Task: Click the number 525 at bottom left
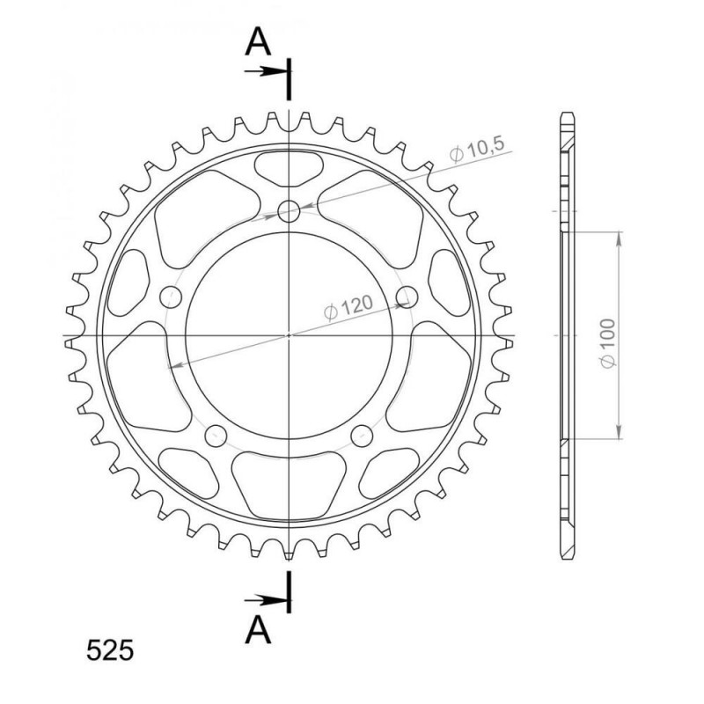pyautogui.click(x=110, y=650)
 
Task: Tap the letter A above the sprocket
pyautogui.click(x=258, y=41)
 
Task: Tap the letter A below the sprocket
pyautogui.click(x=258, y=629)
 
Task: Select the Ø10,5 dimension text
pyautogui.click(x=477, y=149)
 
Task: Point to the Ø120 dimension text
pyautogui.click(x=348, y=307)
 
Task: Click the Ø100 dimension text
pyautogui.click(x=607, y=343)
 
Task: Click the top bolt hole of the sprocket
pyautogui.click(x=289, y=211)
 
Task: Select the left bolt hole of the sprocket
pyautogui.click(x=171, y=297)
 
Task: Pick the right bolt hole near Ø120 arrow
pyautogui.click(x=407, y=297)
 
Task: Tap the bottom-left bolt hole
pyautogui.click(x=216, y=436)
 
